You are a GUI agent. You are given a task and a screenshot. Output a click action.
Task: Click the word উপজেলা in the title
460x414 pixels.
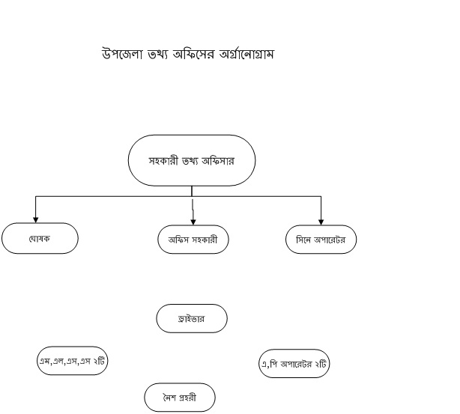pos(122,54)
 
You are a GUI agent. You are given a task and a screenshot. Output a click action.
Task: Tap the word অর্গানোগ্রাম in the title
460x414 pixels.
pos(246,54)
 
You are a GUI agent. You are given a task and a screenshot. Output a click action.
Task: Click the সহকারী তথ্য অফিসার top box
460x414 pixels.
pos(192,160)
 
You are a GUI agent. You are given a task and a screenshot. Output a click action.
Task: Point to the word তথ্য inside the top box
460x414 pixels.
pos(190,161)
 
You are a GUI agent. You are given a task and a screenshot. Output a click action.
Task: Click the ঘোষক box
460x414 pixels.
pos(40,238)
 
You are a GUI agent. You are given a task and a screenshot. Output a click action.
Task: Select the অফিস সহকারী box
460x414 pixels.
pos(193,240)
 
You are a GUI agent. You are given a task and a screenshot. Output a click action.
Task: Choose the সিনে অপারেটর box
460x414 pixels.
pos(321,240)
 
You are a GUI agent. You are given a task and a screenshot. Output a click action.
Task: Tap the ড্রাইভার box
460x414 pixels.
pos(192,318)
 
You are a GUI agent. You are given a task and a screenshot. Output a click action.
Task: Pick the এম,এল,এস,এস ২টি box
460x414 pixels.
pos(72,361)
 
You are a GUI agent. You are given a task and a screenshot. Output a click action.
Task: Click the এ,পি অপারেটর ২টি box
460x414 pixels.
pos(294,364)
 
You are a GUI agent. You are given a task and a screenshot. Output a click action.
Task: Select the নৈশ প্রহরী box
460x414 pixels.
pos(180,398)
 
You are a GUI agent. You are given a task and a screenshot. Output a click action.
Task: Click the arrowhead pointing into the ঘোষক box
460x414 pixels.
pos(35,220)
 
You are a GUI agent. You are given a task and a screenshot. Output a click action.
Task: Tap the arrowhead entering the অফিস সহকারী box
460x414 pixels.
pos(193,222)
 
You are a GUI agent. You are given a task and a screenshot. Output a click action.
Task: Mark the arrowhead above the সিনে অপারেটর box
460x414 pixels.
pos(321,222)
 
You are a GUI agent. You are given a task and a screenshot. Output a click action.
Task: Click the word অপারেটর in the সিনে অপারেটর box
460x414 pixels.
pos(330,240)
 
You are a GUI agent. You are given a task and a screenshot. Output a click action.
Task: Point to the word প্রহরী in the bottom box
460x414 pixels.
pos(187,398)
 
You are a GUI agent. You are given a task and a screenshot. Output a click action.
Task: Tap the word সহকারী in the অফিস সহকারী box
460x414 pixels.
pos(205,240)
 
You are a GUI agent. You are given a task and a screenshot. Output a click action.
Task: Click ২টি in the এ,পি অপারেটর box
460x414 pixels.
pos(321,364)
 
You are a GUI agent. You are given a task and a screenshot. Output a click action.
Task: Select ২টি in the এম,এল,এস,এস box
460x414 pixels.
pos(99,361)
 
